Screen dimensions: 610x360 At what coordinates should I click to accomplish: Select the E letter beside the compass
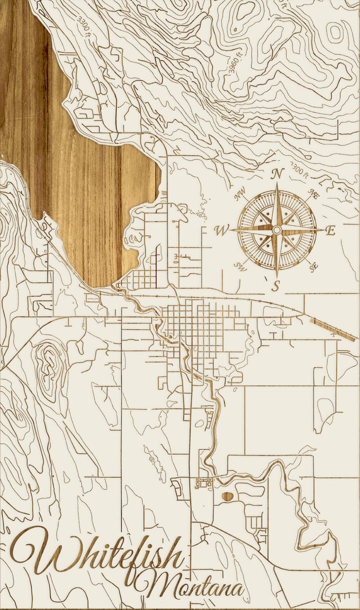point(330,230)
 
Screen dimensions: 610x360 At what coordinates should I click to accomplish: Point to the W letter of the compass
point(220,230)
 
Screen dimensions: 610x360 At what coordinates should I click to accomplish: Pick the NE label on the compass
point(314,194)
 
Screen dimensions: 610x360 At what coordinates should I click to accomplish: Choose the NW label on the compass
point(239,191)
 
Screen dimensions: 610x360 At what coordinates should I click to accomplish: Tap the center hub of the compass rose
point(276,230)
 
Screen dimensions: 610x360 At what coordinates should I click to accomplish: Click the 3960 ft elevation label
point(235,62)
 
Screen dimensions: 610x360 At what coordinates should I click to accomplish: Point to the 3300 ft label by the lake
point(85,27)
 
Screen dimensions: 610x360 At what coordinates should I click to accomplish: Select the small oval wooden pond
point(227,496)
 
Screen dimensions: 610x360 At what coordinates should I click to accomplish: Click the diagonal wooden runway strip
point(332,329)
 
